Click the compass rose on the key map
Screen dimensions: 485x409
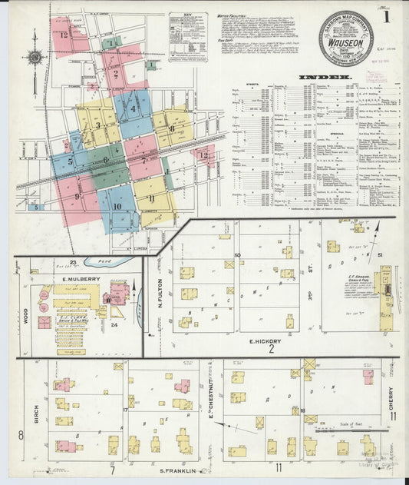34,58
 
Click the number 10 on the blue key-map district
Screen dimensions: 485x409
117,206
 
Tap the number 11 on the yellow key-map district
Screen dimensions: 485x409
151,198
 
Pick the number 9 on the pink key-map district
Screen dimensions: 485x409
78,197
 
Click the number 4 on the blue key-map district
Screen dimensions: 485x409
133,108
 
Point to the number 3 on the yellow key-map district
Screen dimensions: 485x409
97,125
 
